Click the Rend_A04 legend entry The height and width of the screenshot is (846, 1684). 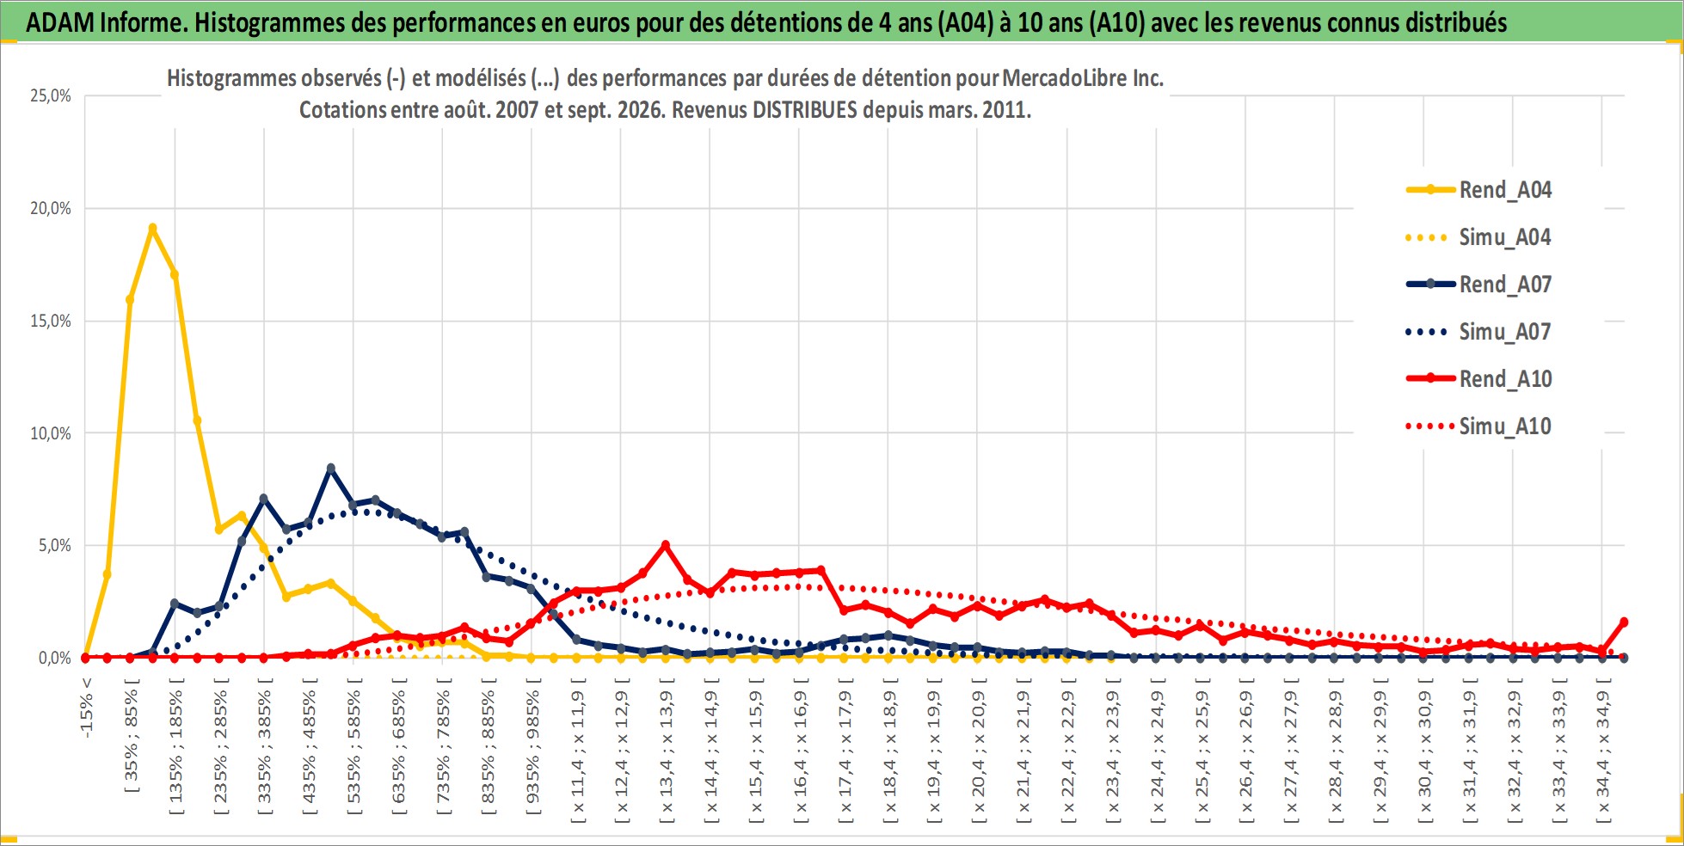(x=1478, y=189)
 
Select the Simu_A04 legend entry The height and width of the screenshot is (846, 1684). (x=1478, y=236)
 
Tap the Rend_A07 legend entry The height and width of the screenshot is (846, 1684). (x=1478, y=284)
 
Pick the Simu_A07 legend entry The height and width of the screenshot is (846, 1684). (x=1478, y=331)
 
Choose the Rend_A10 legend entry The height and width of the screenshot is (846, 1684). (x=1478, y=378)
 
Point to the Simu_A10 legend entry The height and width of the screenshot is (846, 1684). (x=1478, y=426)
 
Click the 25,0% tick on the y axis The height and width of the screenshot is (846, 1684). (x=51, y=95)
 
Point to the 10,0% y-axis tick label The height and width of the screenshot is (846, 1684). (x=51, y=433)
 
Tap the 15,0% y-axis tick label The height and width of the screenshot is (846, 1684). (x=51, y=321)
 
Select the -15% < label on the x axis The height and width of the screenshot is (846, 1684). (x=86, y=708)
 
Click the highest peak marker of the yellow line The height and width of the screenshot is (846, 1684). (x=152, y=228)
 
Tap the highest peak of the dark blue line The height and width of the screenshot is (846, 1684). (x=331, y=469)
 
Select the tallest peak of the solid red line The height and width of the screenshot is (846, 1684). (x=666, y=545)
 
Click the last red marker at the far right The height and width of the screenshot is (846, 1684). (x=1624, y=622)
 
